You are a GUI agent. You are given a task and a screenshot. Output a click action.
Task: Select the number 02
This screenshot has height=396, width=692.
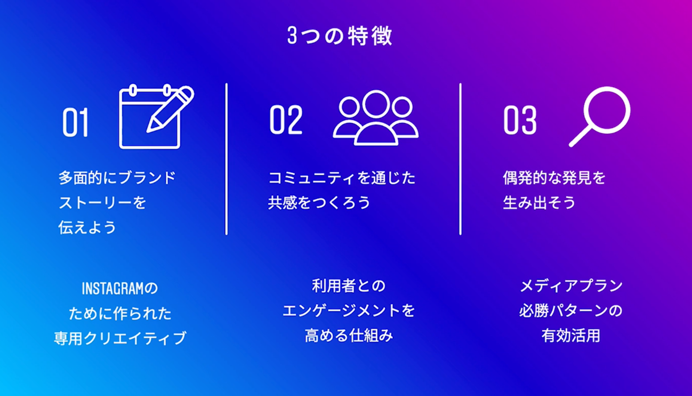point(286,120)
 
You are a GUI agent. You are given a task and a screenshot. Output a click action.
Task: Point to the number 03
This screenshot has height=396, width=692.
point(520,120)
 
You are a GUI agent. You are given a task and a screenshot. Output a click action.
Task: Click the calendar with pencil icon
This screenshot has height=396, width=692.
point(156,117)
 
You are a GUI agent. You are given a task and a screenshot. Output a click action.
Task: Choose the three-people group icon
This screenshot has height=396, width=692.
point(376,117)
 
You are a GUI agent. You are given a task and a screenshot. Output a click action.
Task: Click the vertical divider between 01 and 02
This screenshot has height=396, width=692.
point(226,159)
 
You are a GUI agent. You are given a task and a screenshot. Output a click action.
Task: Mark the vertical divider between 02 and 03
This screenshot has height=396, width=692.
point(460,159)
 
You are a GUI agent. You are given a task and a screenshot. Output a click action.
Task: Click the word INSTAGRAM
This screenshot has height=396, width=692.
point(112,289)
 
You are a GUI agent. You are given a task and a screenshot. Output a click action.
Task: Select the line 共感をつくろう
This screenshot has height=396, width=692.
point(319,202)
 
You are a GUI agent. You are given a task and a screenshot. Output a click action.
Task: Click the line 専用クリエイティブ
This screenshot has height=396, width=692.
point(120,338)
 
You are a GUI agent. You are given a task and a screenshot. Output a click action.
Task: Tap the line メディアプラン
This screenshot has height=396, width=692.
point(571,286)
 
